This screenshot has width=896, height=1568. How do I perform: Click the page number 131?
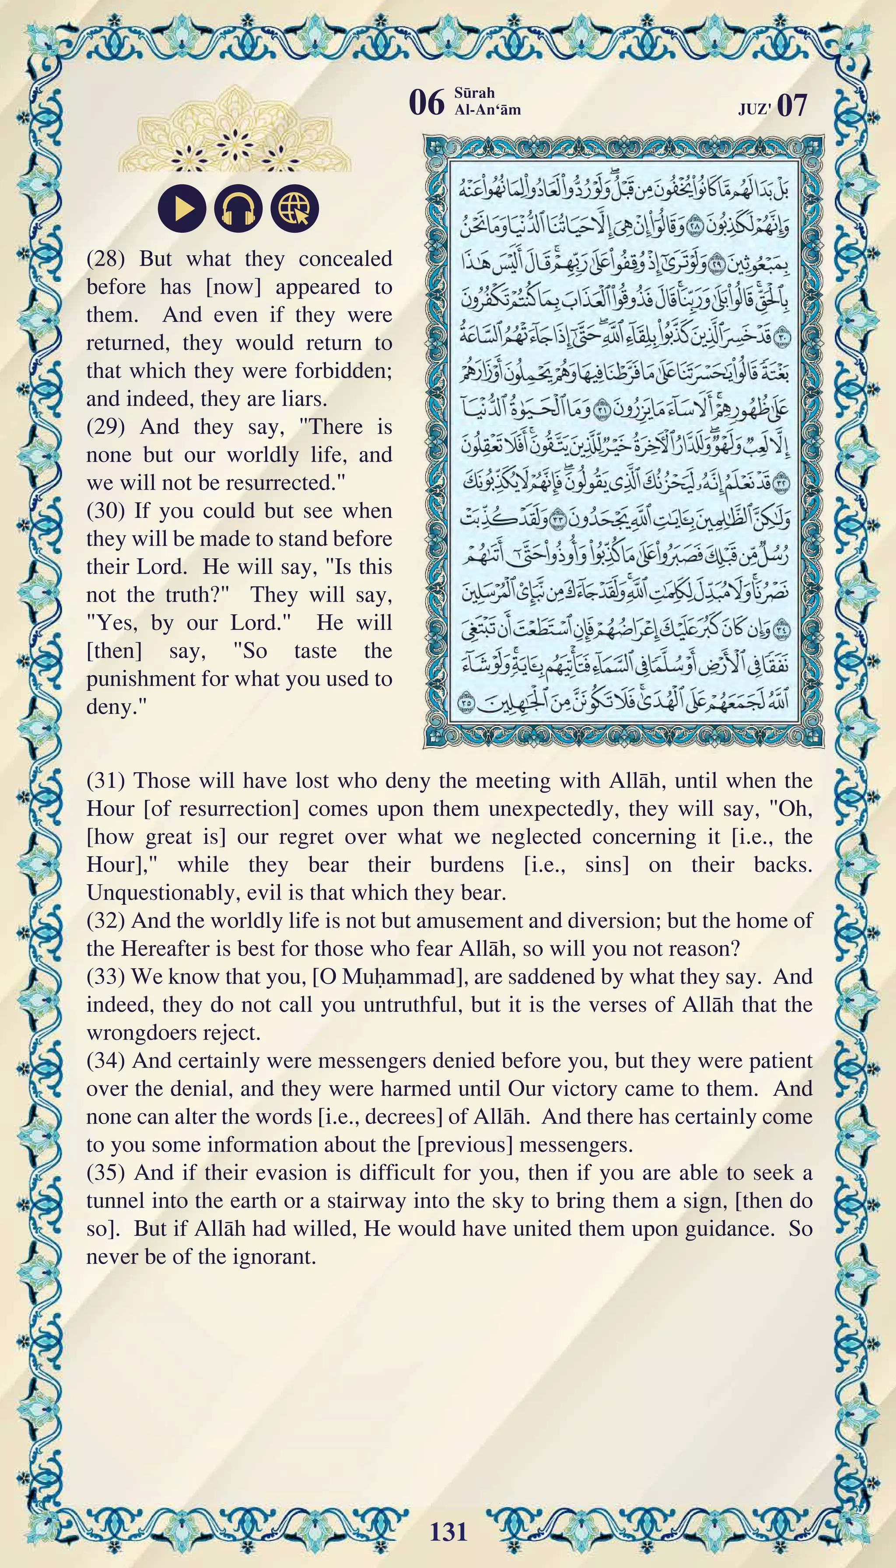tap(448, 1531)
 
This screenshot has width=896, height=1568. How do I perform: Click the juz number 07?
tap(791, 106)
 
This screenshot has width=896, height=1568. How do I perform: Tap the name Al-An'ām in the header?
tap(487, 110)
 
